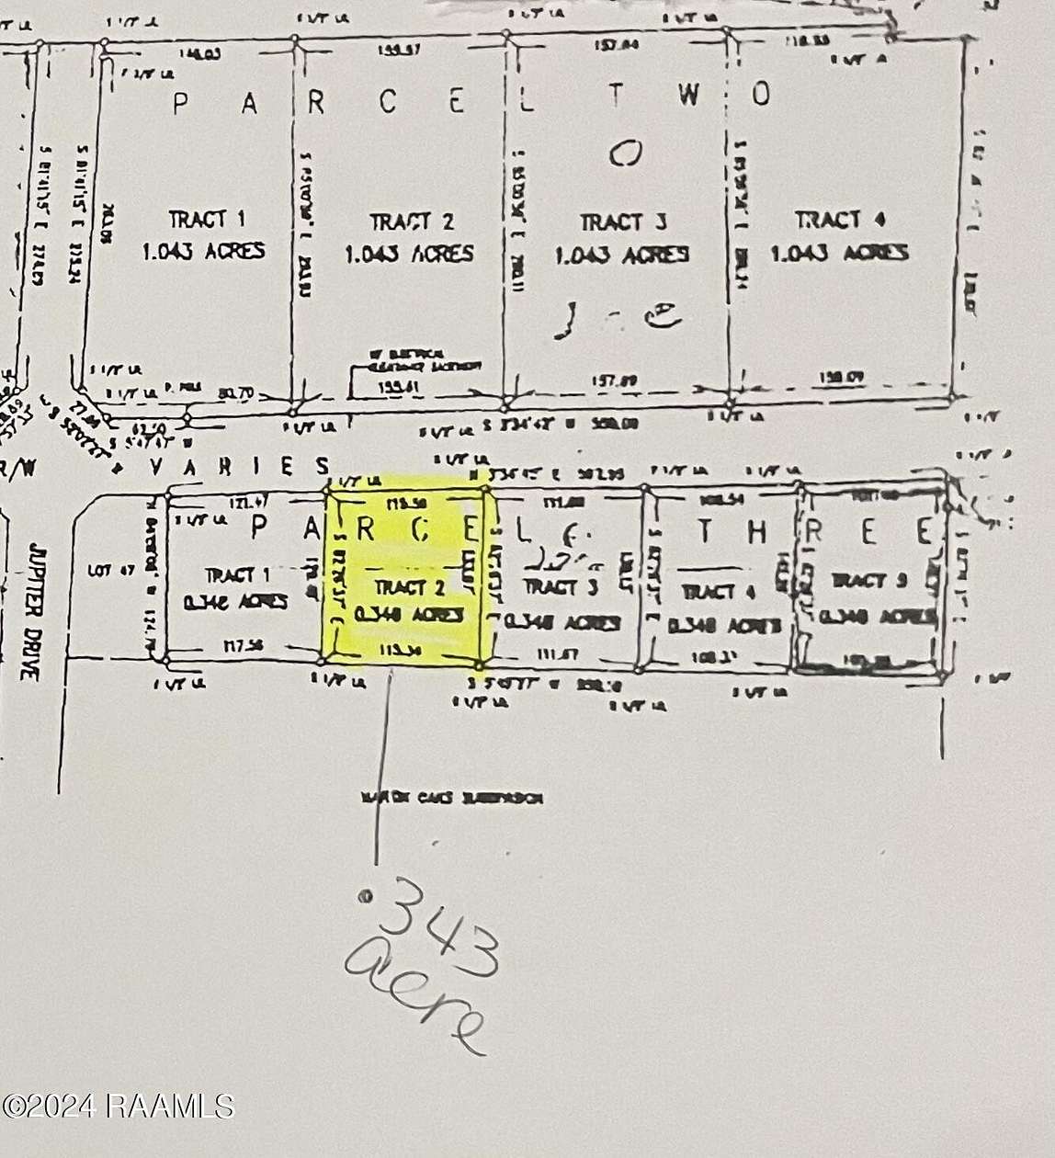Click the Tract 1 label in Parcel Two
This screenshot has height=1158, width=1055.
click(206, 220)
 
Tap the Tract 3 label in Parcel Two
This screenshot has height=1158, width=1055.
click(623, 222)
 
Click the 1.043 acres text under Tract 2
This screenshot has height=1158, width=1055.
click(410, 253)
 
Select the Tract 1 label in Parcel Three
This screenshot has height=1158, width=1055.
click(237, 575)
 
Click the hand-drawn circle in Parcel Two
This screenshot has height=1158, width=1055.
click(625, 155)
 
